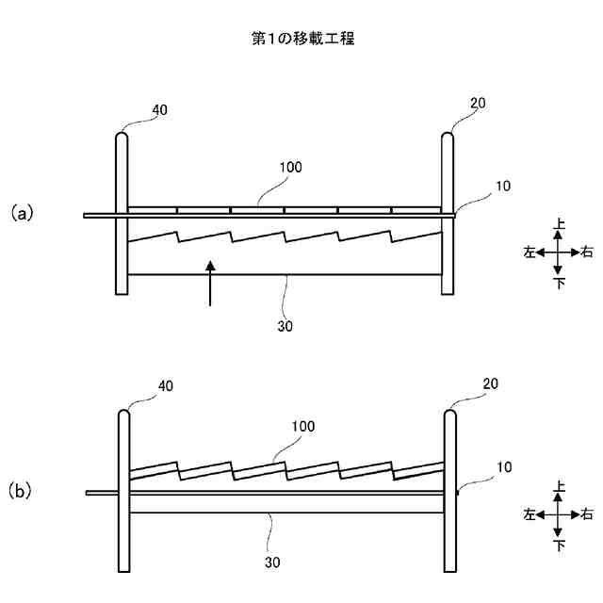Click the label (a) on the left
tap(22, 213)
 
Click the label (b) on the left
tap(22, 491)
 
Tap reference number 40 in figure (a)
tap(159, 110)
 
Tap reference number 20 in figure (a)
tap(478, 104)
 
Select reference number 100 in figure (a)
tap(291, 167)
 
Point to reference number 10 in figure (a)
tap(502, 187)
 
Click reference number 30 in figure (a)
tap(286, 326)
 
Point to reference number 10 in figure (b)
tap(502, 466)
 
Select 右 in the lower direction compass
tap(587, 513)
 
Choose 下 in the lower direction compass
tap(560, 544)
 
